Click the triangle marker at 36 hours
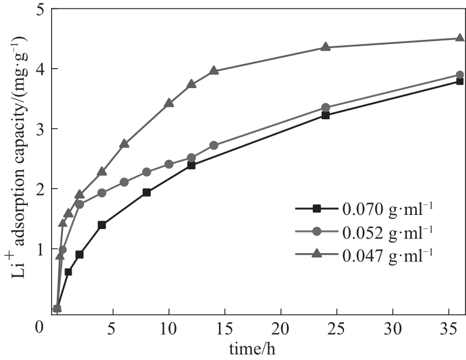pos(459,38)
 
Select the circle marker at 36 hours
pos(459,75)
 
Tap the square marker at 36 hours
pos(459,81)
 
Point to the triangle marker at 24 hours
pos(325,47)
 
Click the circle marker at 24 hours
pos(325,107)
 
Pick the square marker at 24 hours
pos(325,115)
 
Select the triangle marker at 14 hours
pos(214,70)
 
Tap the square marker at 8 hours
pos(146,192)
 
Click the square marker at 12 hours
pos(191,165)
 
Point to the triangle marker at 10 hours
pos(169,103)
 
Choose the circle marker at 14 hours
pos(214,145)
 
